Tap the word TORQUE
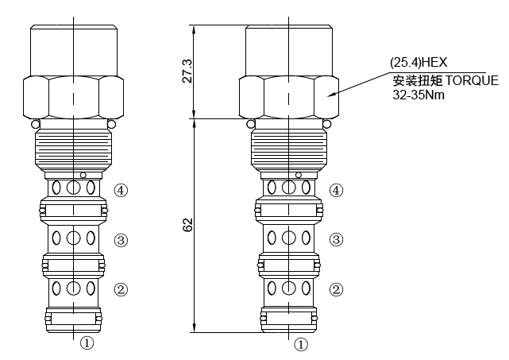point(472,80)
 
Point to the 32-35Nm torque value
point(419,94)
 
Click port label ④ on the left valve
point(121,190)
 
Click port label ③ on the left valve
point(121,239)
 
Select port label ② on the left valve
point(121,290)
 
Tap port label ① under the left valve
point(87,344)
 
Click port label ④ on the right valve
point(337,190)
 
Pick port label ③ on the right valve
point(337,239)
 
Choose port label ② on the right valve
point(337,290)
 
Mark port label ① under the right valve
point(301,344)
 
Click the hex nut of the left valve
point(74,95)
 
